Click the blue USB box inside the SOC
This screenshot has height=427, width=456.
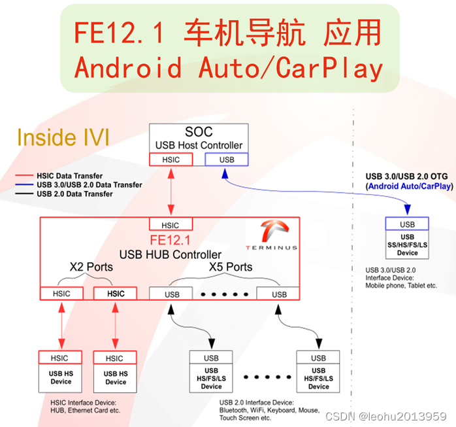click(x=227, y=160)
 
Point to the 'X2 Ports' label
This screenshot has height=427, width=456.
click(x=91, y=267)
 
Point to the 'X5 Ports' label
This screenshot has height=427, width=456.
click(x=230, y=267)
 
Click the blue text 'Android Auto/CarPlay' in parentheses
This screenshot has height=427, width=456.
click(x=410, y=186)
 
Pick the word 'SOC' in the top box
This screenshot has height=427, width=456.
click(x=199, y=132)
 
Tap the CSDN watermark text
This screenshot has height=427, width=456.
click(x=396, y=417)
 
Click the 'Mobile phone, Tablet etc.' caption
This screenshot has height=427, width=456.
click(x=401, y=286)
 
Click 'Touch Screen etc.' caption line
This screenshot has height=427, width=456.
click(x=246, y=418)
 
